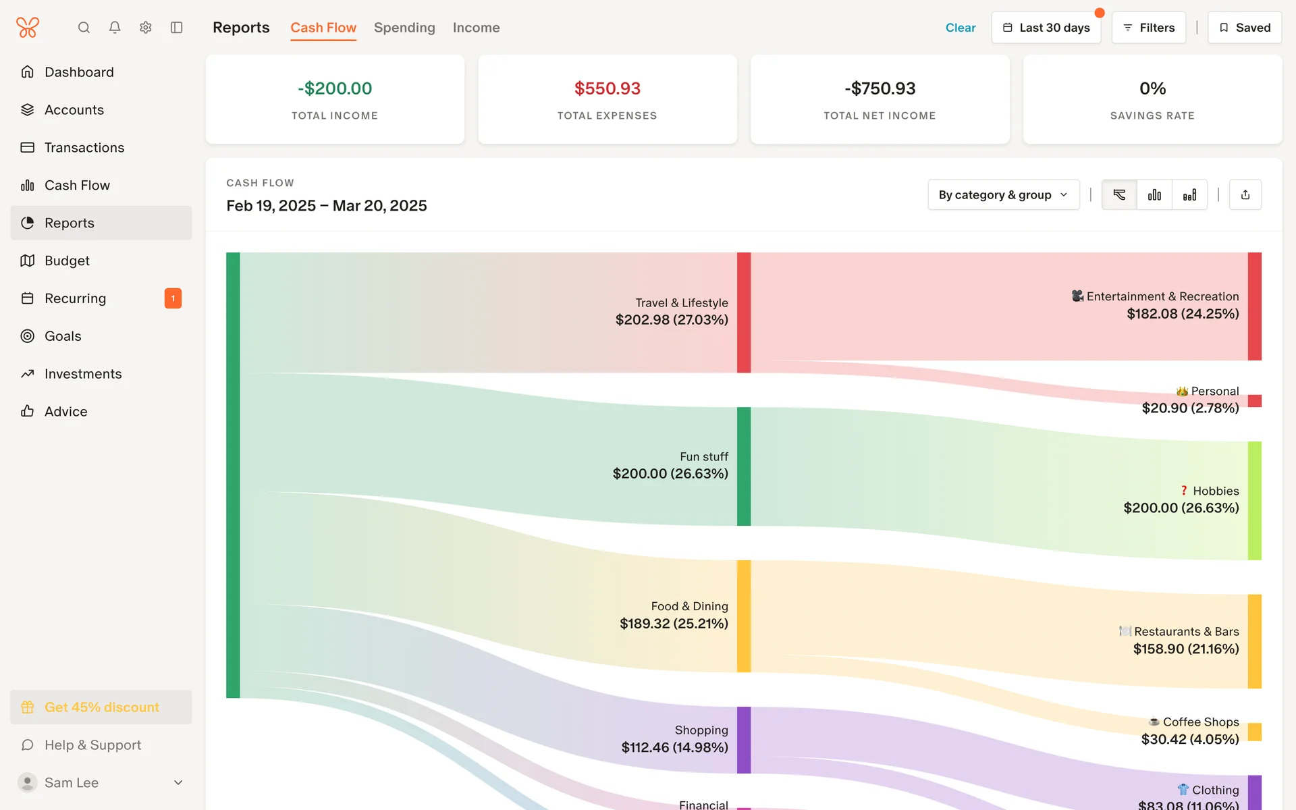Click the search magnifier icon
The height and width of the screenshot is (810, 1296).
click(84, 28)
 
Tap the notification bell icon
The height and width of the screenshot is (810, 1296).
click(115, 28)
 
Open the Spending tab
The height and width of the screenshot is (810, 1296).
click(404, 28)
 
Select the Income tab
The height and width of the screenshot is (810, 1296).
click(476, 28)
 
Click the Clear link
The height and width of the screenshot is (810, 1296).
click(960, 28)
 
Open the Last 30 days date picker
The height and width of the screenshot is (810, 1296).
click(1046, 28)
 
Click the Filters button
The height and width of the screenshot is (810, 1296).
click(1148, 28)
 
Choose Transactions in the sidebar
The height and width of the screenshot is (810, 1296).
click(84, 148)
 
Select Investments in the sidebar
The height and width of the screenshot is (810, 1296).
click(83, 374)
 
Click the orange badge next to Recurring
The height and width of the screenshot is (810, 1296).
click(173, 298)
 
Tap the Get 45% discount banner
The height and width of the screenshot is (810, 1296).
click(101, 707)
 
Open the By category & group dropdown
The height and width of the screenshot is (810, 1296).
click(1003, 195)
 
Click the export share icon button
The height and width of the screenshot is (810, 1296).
click(1245, 195)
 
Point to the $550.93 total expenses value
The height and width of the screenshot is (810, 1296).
click(607, 88)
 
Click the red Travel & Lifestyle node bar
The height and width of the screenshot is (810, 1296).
click(743, 313)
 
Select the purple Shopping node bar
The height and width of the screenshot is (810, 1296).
click(743, 740)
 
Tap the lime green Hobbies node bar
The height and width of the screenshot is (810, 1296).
click(1254, 501)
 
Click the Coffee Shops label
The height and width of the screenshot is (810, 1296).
click(1200, 722)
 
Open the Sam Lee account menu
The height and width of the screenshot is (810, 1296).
click(101, 782)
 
